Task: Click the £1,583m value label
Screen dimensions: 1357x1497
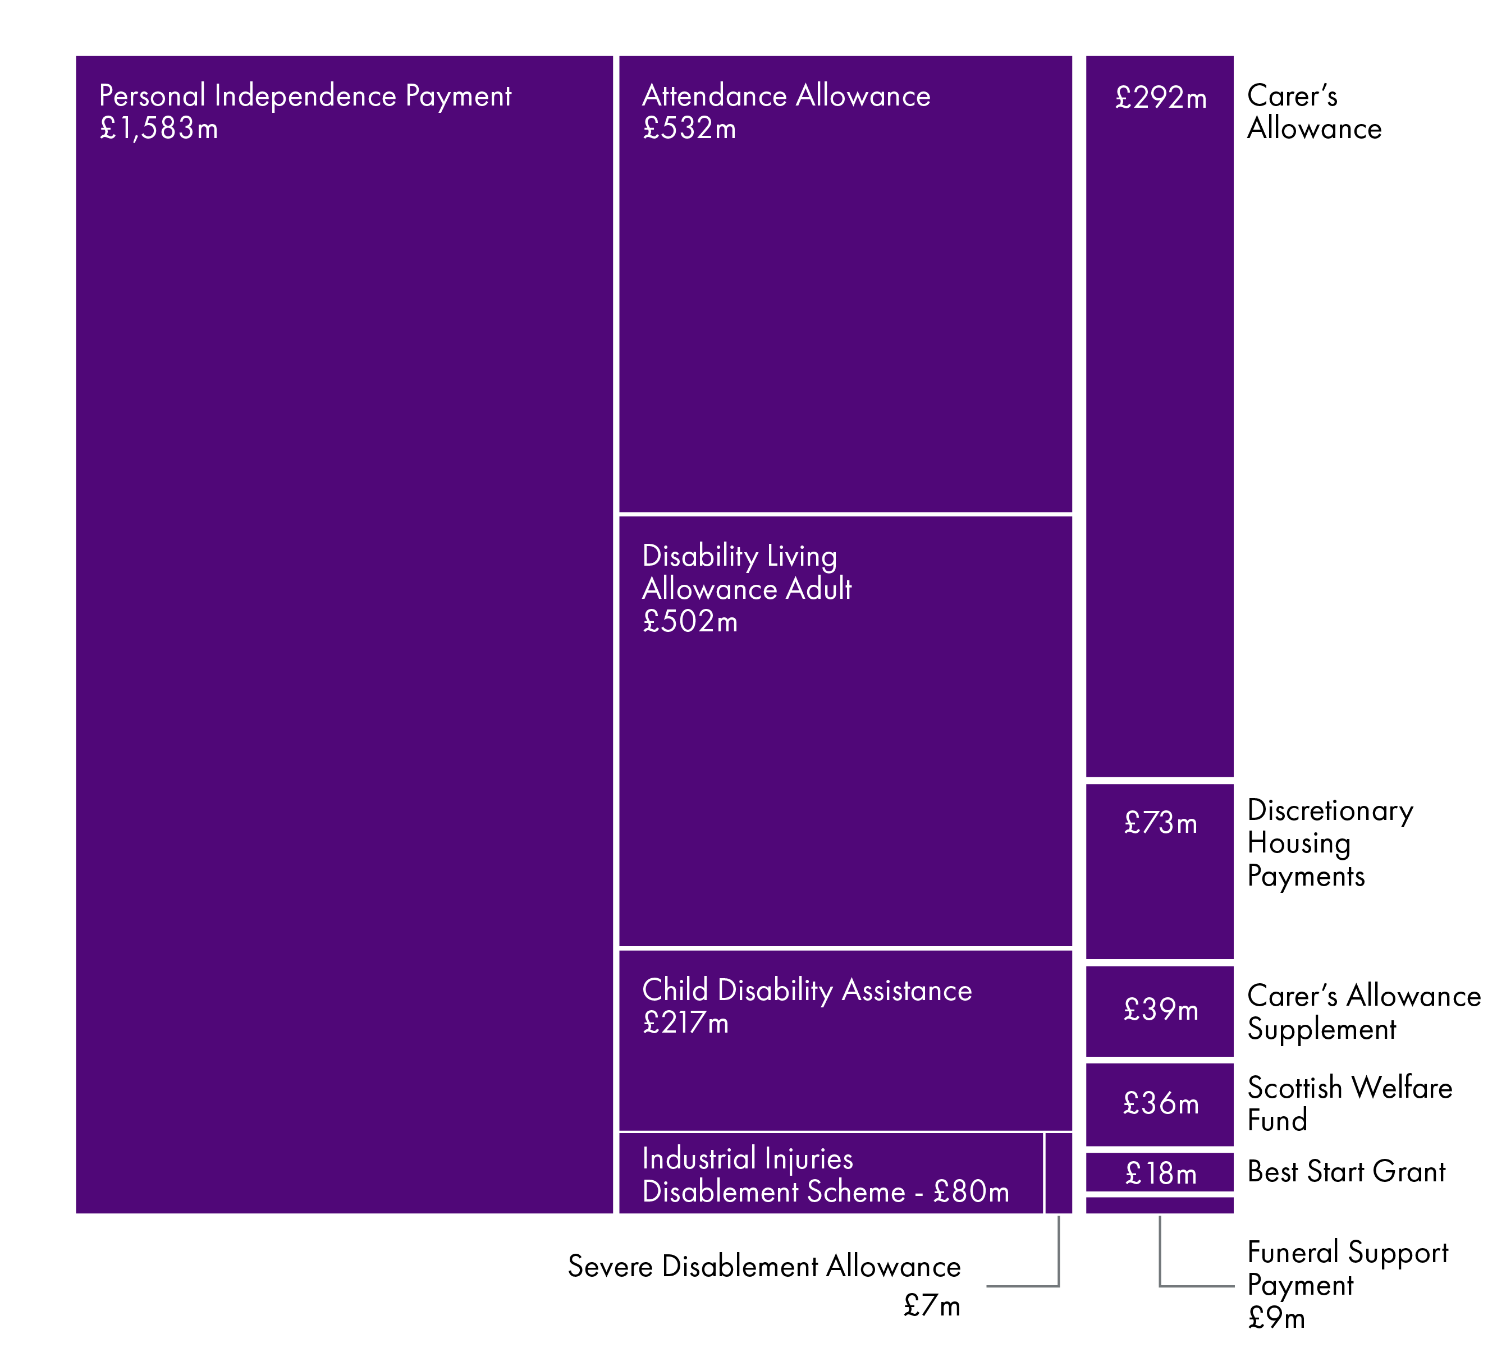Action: (x=159, y=129)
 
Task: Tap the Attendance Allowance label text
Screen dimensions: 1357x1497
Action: (x=786, y=97)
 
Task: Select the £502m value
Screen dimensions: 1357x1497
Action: (x=690, y=622)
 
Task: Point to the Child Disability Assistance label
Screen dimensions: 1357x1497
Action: (x=807, y=991)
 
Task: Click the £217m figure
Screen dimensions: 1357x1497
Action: (x=685, y=1024)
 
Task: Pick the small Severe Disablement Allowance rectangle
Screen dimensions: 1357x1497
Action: (x=1058, y=1172)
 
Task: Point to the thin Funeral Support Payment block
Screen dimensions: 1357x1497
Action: (x=1159, y=1205)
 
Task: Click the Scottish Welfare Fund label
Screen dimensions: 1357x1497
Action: (x=1349, y=1104)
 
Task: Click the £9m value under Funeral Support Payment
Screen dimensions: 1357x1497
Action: (x=1276, y=1318)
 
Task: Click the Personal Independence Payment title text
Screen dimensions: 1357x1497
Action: (x=305, y=97)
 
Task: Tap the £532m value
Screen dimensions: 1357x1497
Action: (x=689, y=129)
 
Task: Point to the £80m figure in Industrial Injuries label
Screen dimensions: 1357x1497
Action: (x=971, y=1192)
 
